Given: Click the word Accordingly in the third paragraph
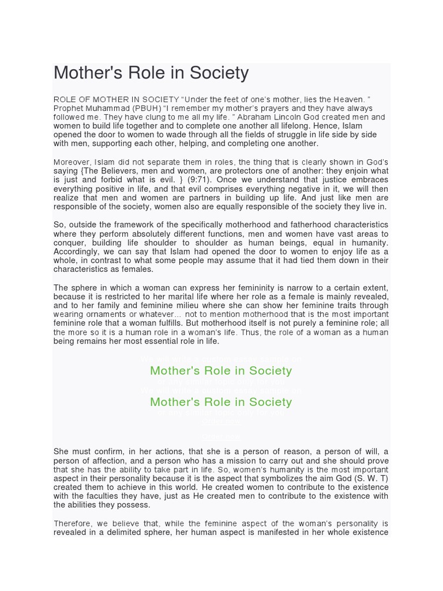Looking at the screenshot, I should pyautogui.click(x=77, y=252).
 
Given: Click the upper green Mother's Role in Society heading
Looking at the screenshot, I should pyautogui.click(x=221, y=371).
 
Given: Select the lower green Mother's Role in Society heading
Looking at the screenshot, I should pyautogui.click(x=221, y=402).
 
